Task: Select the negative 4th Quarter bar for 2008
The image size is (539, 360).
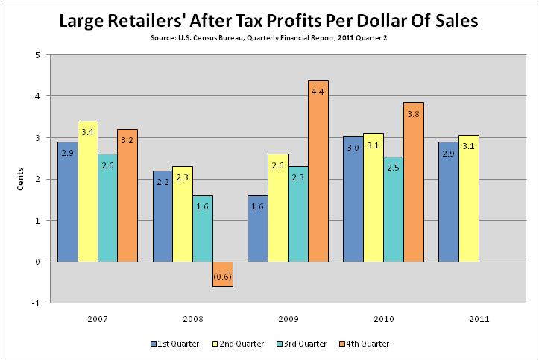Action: coord(222,274)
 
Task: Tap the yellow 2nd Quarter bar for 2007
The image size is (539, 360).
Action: coord(87,191)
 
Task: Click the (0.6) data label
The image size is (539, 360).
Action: coord(222,278)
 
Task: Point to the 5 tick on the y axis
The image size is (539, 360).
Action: coord(37,54)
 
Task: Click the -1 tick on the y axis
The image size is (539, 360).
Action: coord(35,303)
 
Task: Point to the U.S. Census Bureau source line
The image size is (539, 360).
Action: coord(269,37)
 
